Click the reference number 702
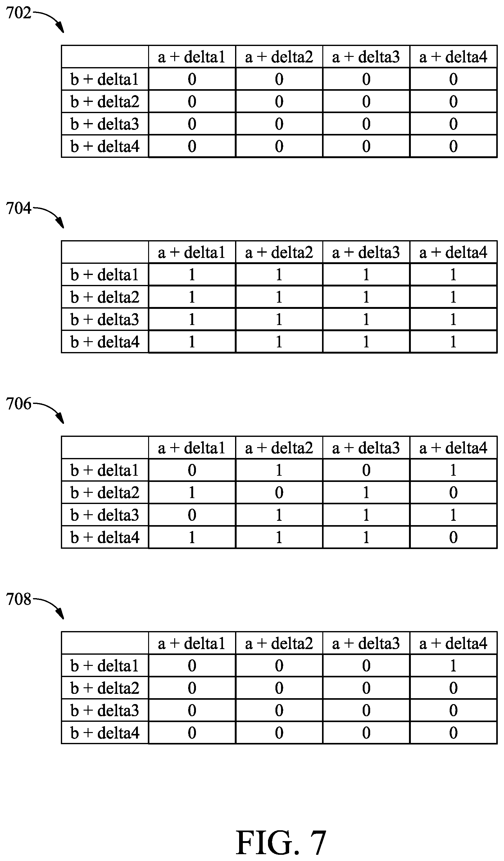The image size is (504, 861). pyautogui.click(x=18, y=13)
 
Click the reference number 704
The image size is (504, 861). pyautogui.click(x=18, y=208)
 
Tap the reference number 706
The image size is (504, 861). pyautogui.click(x=18, y=404)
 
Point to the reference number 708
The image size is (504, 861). pyautogui.click(x=18, y=599)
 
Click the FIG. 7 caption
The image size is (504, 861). pyautogui.click(x=281, y=843)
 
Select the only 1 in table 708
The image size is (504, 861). pyautogui.click(x=453, y=666)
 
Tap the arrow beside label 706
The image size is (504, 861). pyautogui.click(x=48, y=411)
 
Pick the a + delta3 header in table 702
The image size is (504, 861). pyautogui.click(x=366, y=57)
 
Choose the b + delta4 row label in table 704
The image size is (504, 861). pyautogui.click(x=105, y=342)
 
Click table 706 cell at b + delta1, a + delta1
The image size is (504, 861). pyautogui.click(x=192, y=470)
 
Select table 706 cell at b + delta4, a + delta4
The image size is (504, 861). pyautogui.click(x=453, y=537)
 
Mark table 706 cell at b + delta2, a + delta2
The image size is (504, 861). pyautogui.click(x=279, y=492)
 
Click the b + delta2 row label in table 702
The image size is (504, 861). pyautogui.click(x=105, y=102)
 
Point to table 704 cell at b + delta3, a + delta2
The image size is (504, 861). pyautogui.click(x=279, y=319)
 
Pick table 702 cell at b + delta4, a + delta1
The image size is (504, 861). pyautogui.click(x=192, y=146)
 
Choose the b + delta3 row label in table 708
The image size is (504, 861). pyautogui.click(x=105, y=711)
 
